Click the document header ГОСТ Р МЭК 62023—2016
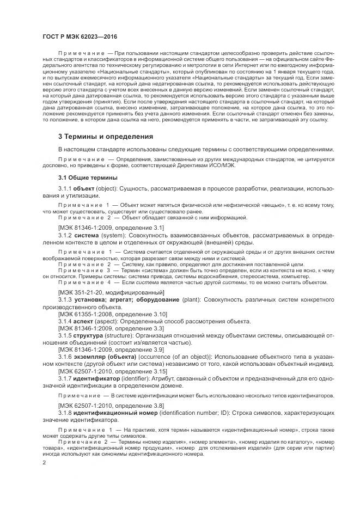[80, 37]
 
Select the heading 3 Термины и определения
[106, 136]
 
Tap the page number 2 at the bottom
[45, 462]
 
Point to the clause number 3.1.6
[65, 357]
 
